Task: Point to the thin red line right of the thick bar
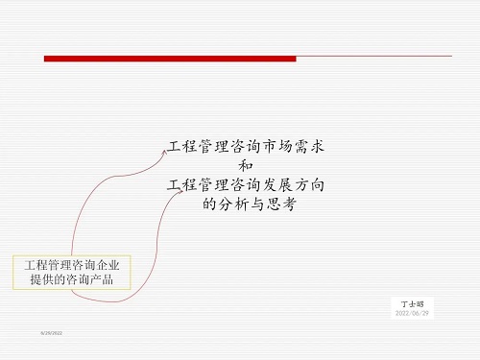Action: (374, 59)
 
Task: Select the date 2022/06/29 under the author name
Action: (413, 314)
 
